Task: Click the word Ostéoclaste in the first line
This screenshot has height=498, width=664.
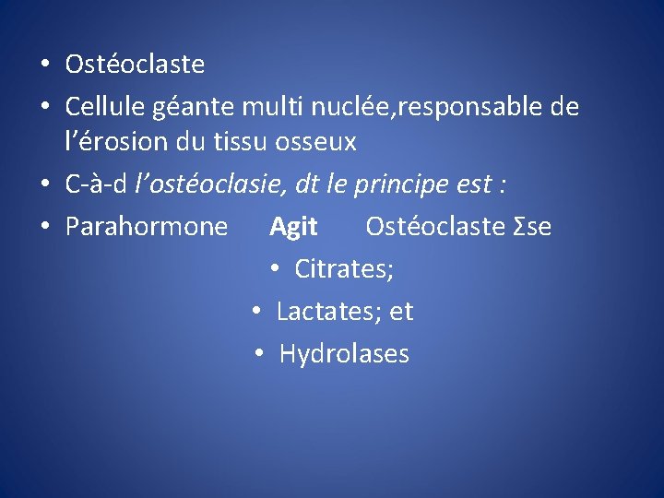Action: click(135, 65)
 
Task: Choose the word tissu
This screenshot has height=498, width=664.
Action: click(252, 143)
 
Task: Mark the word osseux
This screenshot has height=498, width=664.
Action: click(321, 143)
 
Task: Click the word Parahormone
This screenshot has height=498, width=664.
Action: click(147, 227)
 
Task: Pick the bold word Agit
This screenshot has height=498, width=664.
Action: click(293, 227)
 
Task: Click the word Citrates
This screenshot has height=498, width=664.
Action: click(344, 269)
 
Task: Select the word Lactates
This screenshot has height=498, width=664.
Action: click(329, 312)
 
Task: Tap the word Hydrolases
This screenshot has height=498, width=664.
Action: click(344, 354)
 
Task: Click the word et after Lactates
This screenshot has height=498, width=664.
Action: click(401, 312)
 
